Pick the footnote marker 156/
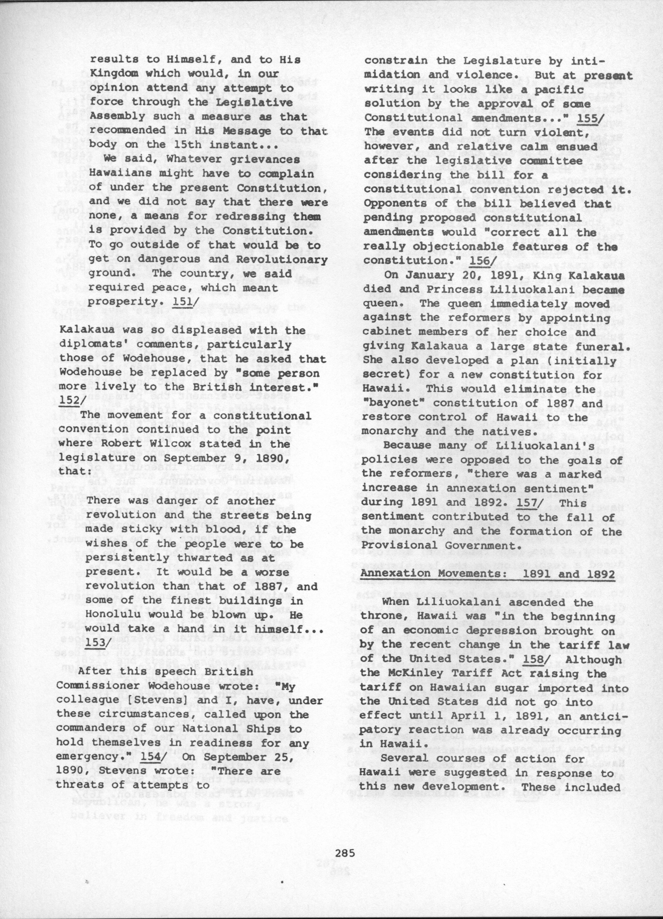point(479,261)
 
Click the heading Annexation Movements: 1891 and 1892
point(488,574)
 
